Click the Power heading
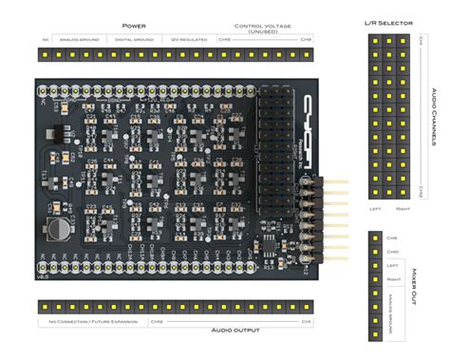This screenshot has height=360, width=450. tap(134, 26)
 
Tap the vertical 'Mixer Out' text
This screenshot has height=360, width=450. tap(414, 284)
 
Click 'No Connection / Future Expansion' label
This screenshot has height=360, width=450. tap(91, 321)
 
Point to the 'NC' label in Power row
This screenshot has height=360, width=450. tap(45, 40)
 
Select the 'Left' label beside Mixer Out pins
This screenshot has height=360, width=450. tap(391, 266)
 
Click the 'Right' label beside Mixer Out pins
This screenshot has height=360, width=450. tap(391, 280)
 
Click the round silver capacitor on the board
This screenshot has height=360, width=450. tap(56, 228)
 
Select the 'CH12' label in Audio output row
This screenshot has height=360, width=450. tap(157, 321)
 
